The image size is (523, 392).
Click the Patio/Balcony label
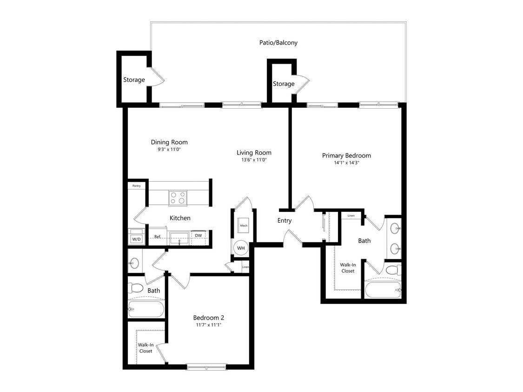click(x=278, y=43)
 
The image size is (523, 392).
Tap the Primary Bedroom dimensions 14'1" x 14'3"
click(x=346, y=163)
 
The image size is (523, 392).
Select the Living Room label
click(x=254, y=152)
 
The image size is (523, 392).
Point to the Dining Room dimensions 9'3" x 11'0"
click(x=169, y=150)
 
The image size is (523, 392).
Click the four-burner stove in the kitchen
click(x=177, y=198)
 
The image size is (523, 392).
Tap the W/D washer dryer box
click(x=136, y=237)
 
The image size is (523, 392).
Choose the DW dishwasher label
click(x=198, y=236)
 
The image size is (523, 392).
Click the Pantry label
click(x=136, y=186)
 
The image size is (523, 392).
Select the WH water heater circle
click(x=241, y=248)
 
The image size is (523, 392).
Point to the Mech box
click(x=244, y=226)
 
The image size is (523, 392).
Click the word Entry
click(x=285, y=221)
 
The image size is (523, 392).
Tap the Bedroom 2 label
click(x=209, y=318)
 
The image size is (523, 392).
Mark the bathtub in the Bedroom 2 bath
click(x=146, y=308)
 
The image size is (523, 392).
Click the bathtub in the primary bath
click(x=382, y=290)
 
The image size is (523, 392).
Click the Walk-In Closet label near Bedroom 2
click(x=146, y=348)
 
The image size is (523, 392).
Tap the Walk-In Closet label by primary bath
click(x=348, y=268)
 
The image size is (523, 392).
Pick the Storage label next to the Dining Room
click(x=134, y=80)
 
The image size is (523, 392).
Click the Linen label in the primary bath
click(x=351, y=216)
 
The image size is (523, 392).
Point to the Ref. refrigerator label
click(x=158, y=237)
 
